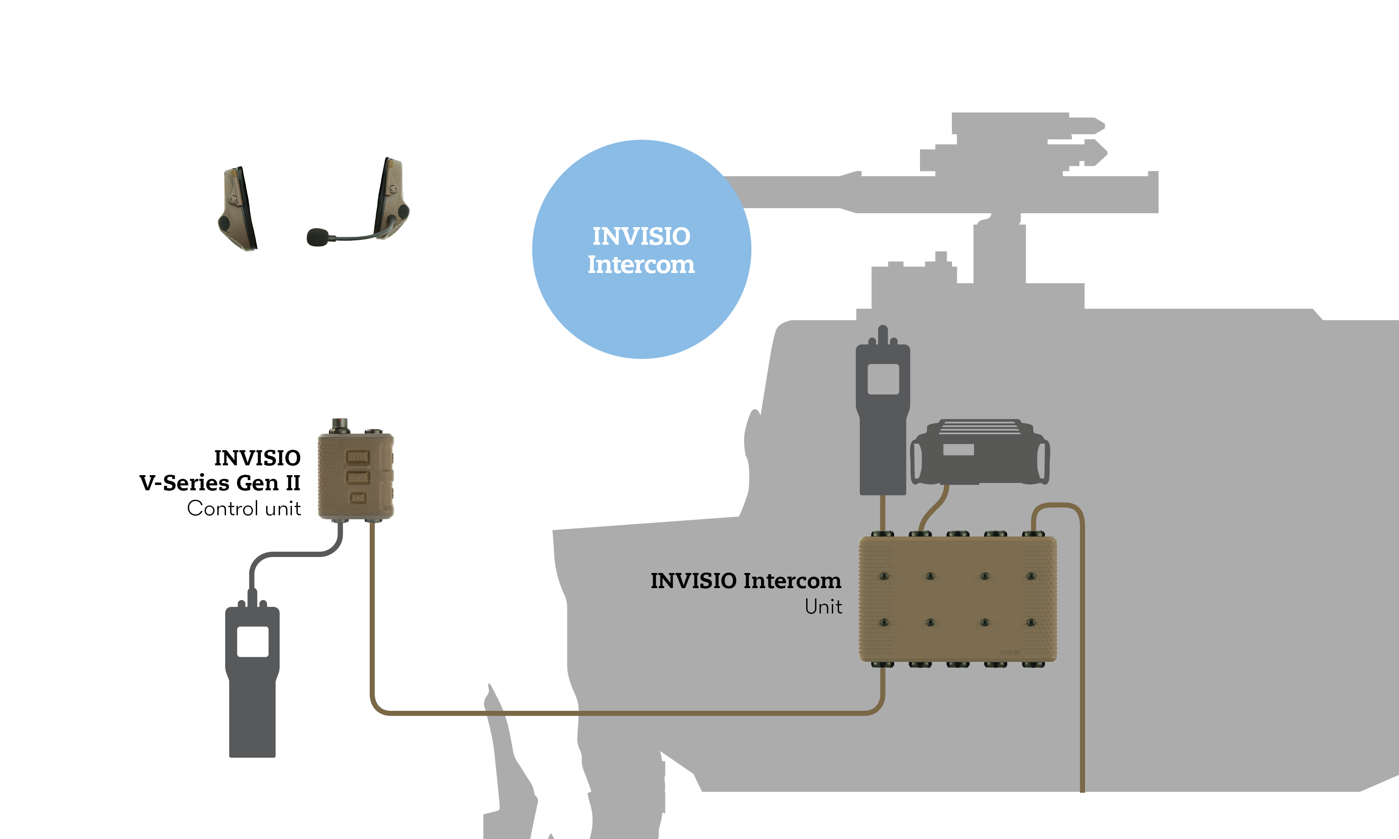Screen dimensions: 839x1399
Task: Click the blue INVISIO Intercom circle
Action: click(641, 305)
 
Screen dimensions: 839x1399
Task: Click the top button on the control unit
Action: click(357, 457)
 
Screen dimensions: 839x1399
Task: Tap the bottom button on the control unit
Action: click(357, 498)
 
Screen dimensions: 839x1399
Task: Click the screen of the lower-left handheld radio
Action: click(252, 641)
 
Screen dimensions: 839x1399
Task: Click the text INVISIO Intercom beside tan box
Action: click(745, 581)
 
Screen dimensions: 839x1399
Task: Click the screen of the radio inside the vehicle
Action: click(883, 379)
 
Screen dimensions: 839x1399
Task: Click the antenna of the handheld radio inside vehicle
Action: click(883, 335)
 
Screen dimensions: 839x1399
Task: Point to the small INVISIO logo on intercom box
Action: click(1010, 652)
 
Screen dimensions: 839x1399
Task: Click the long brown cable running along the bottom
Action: click(622, 713)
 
